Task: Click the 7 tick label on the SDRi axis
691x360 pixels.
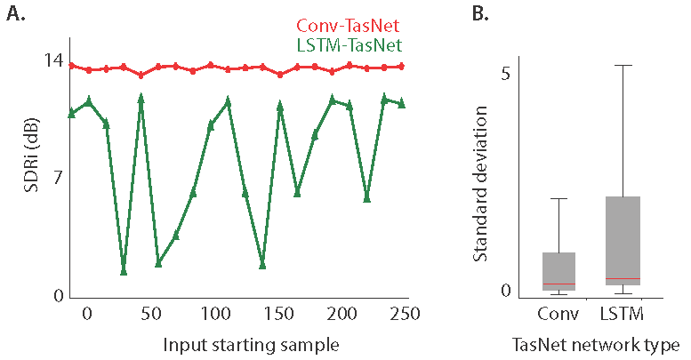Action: pyautogui.click(x=58, y=178)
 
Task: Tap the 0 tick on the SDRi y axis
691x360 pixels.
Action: pyautogui.click(x=58, y=296)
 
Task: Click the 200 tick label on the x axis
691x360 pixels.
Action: pyautogui.click(x=343, y=316)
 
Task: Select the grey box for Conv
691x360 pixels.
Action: pyautogui.click(x=558, y=271)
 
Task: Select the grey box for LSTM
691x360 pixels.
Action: pyautogui.click(x=622, y=240)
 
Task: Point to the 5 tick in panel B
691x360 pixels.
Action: pyautogui.click(x=504, y=73)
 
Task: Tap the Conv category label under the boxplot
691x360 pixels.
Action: pyautogui.click(x=558, y=315)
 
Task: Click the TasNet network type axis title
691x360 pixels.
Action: pyautogui.click(x=596, y=344)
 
